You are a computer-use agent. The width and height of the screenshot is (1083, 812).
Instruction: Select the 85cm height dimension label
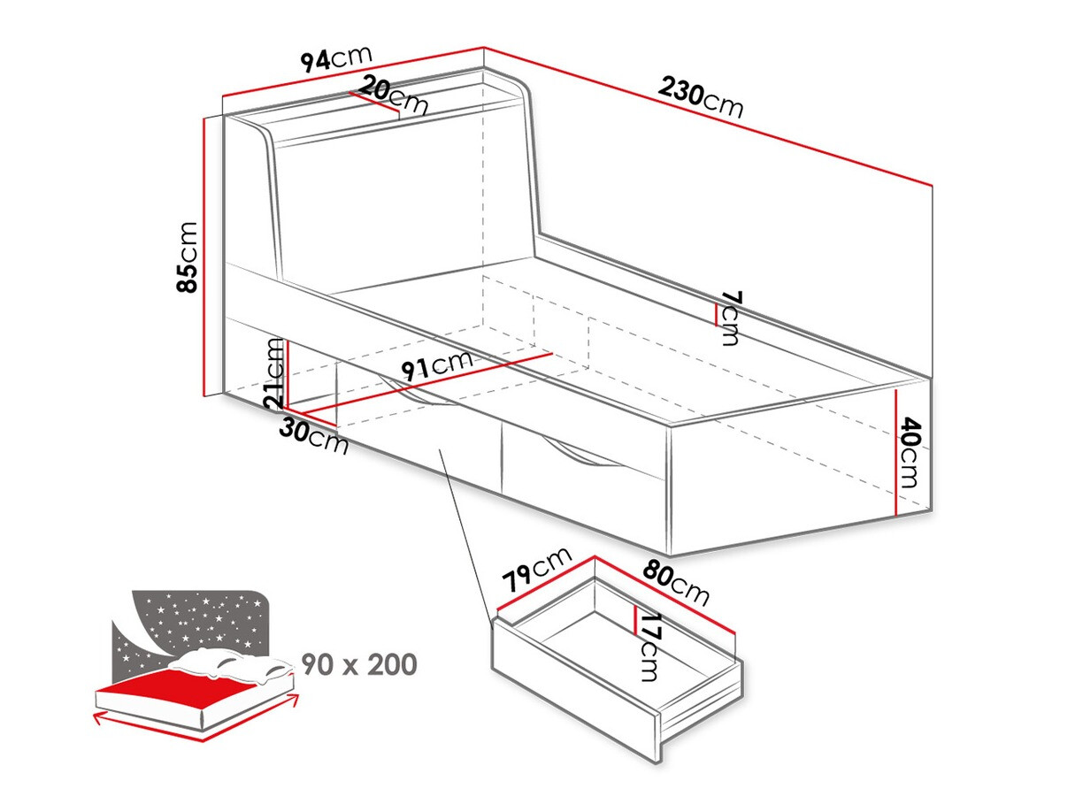(188, 256)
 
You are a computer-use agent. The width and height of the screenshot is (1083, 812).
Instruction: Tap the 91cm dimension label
(435, 365)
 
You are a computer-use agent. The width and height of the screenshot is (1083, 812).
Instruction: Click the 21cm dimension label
(275, 374)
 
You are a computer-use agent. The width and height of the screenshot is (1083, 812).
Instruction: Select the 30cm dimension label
(314, 435)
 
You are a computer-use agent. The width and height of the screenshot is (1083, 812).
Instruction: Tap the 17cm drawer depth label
(650, 647)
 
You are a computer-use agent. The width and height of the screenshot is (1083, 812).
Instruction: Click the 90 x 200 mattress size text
(359, 663)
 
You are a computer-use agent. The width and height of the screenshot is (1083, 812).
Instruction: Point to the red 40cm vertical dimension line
(897, 452)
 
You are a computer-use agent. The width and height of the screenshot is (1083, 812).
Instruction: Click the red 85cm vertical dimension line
(204, 256)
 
